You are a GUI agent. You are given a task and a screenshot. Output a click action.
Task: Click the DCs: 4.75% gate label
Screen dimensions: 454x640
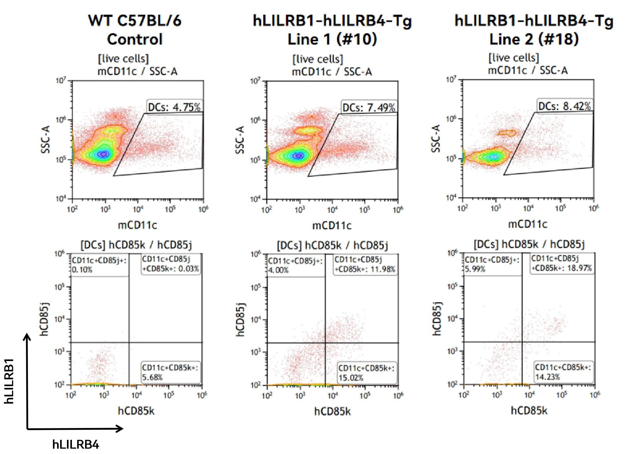(x=174, y=107)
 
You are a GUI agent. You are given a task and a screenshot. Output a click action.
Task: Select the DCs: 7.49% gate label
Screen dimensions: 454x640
(x=368, y=108)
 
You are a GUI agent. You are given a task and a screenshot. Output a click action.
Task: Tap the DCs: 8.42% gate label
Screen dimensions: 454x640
(x=564, y=106)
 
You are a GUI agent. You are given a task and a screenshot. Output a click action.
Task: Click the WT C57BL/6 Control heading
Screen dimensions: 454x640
(x=135, y=30)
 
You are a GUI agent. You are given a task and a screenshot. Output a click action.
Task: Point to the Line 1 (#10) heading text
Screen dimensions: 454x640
(x=332, y=39)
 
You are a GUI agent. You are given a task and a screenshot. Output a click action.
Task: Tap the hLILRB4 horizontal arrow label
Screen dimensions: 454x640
(x=76, y=444)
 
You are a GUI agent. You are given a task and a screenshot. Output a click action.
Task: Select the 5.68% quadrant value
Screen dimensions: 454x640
(x=152, y=377)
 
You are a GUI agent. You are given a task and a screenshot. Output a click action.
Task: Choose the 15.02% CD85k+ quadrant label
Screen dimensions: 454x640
(x=351, y=378)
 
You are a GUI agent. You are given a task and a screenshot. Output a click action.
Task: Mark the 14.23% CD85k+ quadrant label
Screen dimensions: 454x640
(x=547, y=377)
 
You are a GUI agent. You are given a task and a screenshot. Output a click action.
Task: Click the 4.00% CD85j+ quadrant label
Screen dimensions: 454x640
(x=278, y=270)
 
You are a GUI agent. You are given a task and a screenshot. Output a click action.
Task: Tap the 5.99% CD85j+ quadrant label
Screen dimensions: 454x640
(x=475, y=269)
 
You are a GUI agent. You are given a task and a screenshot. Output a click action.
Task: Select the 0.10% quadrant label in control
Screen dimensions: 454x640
(x=82, y=270)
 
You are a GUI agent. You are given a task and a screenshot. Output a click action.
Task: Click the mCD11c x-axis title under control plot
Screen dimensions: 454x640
(x=137, y=225)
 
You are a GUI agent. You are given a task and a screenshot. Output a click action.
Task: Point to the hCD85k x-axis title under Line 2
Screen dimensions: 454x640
(x=529, y=411)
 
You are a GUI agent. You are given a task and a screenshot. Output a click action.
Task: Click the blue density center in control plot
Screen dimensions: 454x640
(x=104, y=154)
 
